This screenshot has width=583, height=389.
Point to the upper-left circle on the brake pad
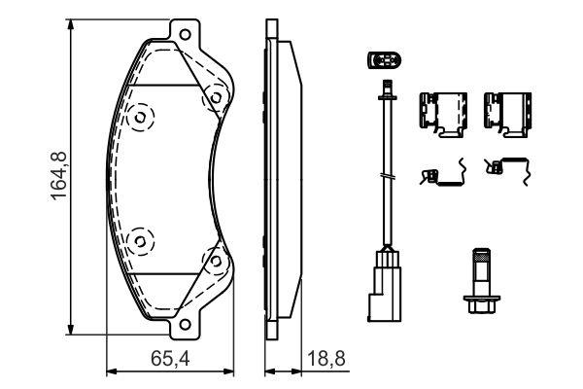point(140,119)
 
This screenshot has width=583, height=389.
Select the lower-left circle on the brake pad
point(140,237)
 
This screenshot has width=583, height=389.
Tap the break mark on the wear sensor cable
point(388,176)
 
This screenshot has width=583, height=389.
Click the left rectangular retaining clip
point(439,113)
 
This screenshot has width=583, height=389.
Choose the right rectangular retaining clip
point(505,113)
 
